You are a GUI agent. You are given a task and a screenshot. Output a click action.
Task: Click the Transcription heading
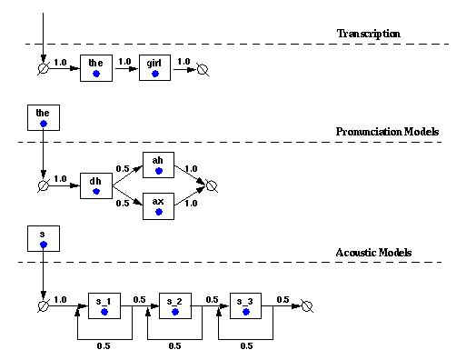click(x=369, y=34)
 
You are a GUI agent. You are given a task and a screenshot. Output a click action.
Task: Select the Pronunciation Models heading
click(x=387, y=132)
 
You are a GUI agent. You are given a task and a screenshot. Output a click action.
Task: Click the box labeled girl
click(x=155, y=67)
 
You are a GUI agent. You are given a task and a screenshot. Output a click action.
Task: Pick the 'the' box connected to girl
click(x=95, y=67)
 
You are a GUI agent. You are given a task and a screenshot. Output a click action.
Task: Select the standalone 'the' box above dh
click(x=43, y=115)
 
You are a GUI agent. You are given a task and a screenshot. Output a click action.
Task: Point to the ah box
click(x=157, y=164)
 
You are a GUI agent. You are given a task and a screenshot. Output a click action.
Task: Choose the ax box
click(x=157, y=205)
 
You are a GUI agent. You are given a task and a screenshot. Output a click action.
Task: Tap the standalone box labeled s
click(x=43, y=238)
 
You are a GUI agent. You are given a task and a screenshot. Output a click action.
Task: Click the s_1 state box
click(x=104, y=305)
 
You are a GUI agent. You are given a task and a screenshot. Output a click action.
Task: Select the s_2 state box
click(x=174, y=305)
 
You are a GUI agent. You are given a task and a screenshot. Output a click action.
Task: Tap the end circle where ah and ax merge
click(x=212, y=185)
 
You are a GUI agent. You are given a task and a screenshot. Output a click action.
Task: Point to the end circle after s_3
click(x=307, y=305)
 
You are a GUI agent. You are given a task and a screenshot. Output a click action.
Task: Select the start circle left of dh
click(x=43, y=185)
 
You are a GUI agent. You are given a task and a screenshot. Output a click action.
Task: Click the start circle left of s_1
click(x=43, y=305)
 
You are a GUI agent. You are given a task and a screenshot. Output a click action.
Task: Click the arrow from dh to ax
click(x=126, y=196)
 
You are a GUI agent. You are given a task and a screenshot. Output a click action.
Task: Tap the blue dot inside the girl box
click(x=155, y=73)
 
